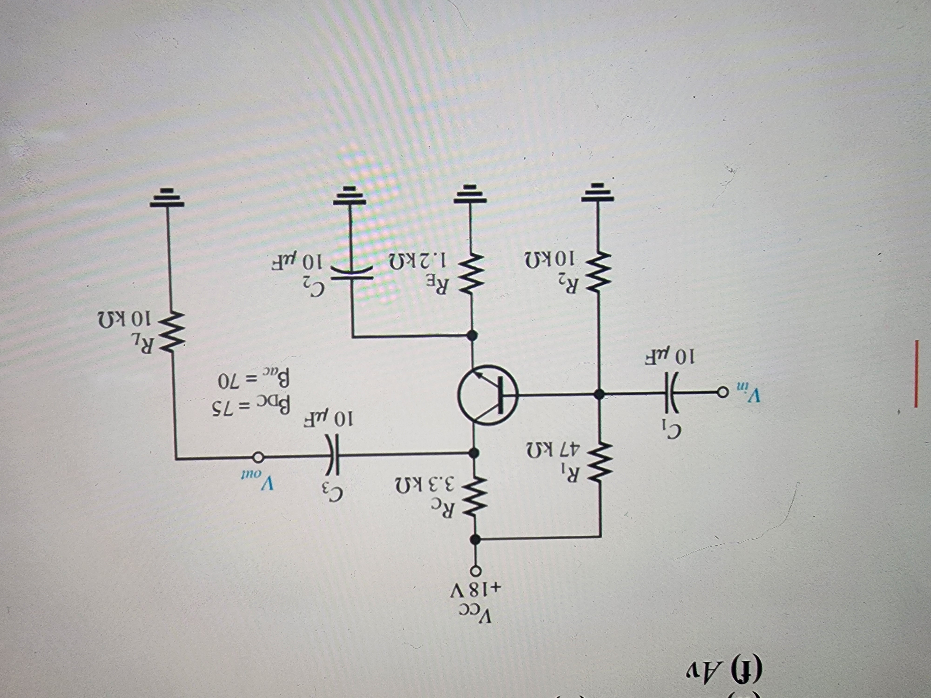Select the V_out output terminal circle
coord(258,456)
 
